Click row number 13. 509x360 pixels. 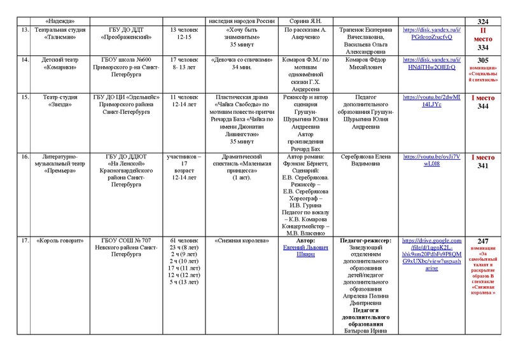24,29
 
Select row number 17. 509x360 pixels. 24,240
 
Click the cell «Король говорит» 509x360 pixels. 57,240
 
